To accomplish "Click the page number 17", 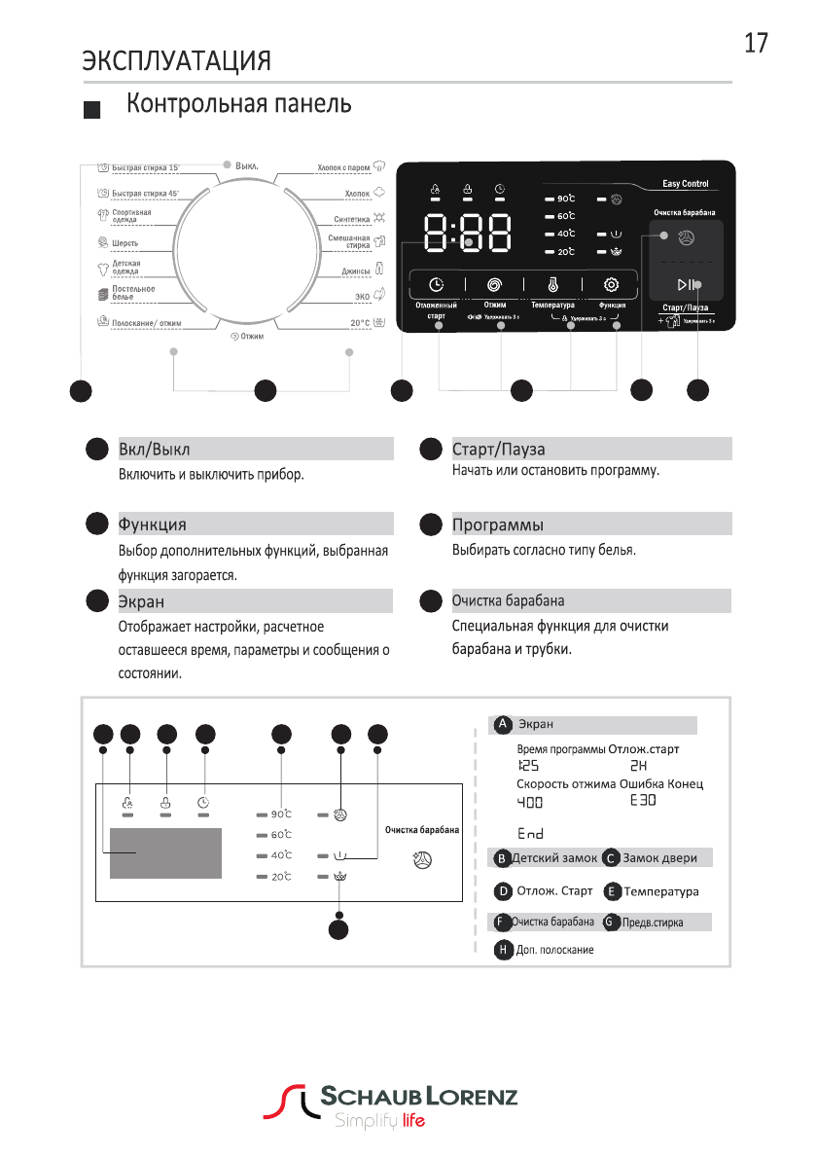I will click(x=756, y=44).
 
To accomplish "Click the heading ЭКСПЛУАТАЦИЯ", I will click(x=176, y=61).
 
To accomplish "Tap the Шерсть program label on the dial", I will click(x=125, y=242).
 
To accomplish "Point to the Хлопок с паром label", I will click(x=343, y=167).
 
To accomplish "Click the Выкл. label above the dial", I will click(x=246, y=165).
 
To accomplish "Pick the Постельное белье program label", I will click(x=133, y=292).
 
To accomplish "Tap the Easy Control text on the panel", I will click(x=686, y=184).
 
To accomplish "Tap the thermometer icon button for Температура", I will click(x=552, y=285).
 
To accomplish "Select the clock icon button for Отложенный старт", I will click(x=437, y=285).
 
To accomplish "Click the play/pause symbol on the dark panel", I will click(x=686, y=284).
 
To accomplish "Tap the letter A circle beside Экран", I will click(x=502, y=725).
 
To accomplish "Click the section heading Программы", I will click(x=497, y=525).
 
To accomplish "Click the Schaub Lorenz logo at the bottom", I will click(x=394, y=1107).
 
